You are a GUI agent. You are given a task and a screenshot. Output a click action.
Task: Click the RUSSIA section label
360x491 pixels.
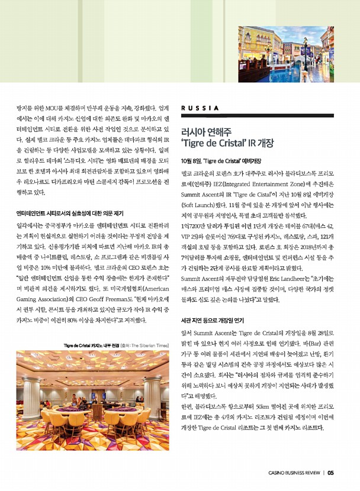(200, 108)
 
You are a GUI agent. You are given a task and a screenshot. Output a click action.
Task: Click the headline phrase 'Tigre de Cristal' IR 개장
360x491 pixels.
(227, 143)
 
